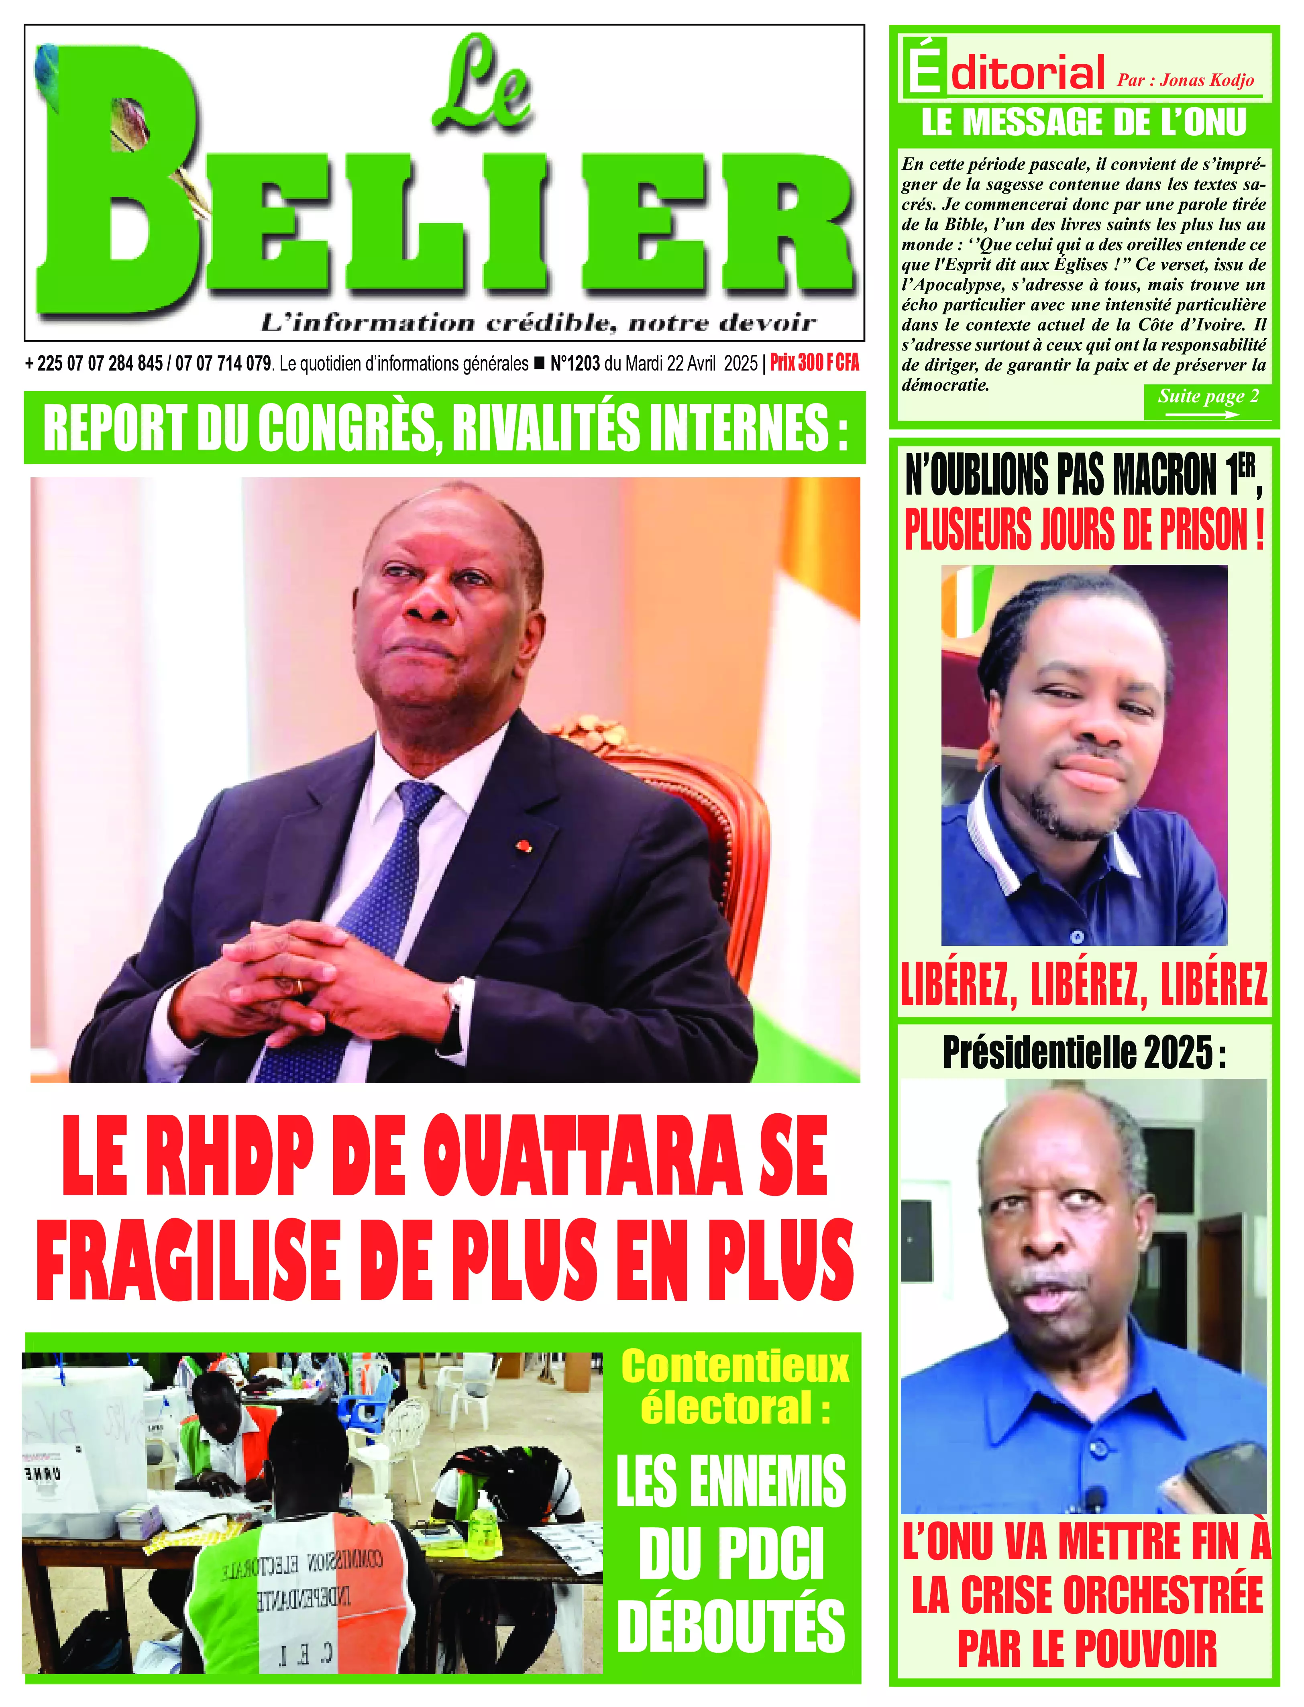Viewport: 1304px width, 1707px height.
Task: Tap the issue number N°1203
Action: point(575,363)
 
